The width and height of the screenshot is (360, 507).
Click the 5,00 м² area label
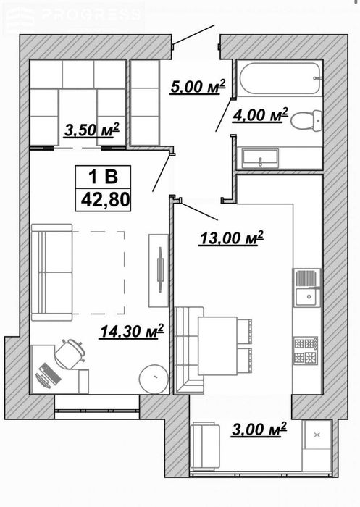point(198,87)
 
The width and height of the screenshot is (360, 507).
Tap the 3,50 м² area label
point(92,130)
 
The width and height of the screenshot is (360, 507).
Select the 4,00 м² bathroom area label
point(260,115)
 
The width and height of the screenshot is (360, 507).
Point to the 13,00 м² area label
point(232,238)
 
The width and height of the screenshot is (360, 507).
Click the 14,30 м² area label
point(132,331)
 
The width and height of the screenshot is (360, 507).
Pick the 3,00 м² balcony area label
point(259,429)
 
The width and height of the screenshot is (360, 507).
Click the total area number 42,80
point(106,199)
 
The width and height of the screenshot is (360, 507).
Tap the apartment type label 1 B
point(103,177)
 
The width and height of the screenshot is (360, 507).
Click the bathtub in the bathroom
point(280,78)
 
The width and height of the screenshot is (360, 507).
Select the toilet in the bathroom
point(306,121)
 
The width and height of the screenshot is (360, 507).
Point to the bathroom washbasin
point(260,158)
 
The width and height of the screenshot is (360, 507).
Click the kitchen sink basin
point(306,297)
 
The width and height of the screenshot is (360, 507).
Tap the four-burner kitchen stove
point(306,350)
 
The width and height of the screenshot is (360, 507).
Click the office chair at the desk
point(70,353)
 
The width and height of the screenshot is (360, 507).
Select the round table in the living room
point(154,379)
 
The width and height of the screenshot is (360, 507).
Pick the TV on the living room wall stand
point(160,269)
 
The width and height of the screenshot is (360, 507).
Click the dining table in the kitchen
point(218,346)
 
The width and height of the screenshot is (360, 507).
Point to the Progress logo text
point(93,15)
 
